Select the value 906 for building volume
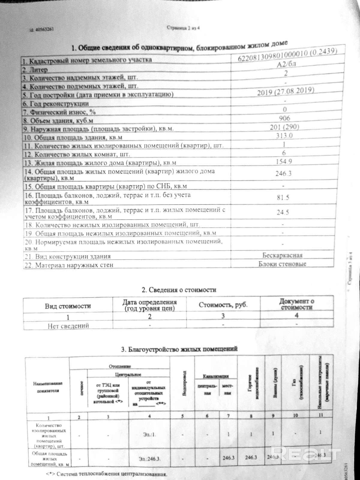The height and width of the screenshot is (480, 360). [x=284, y=118]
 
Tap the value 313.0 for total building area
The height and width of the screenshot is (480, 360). [x=284, y=136]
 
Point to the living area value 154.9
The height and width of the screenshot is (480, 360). [x=284, y=161]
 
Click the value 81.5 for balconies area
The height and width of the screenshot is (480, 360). [x=283, y=197]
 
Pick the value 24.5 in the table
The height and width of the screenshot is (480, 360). [x=283, y=212]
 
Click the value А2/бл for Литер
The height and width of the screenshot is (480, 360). [x=285, y=64]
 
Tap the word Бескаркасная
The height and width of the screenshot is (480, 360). [x=282, y=255]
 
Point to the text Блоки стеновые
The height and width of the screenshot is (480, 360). [x=282, y=264]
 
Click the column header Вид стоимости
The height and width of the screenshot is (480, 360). [x=68, y=306]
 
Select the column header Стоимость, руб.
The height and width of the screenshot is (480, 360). [x=223, y=305]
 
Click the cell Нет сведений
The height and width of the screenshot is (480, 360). [x=68, y=325]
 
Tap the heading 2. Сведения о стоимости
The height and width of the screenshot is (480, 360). [x=179, y=290]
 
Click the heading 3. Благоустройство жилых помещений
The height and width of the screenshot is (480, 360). [x=179, y=349]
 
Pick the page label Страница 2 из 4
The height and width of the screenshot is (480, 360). [x=183, y=28]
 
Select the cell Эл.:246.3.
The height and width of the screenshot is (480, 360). [x=149, y=459]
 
